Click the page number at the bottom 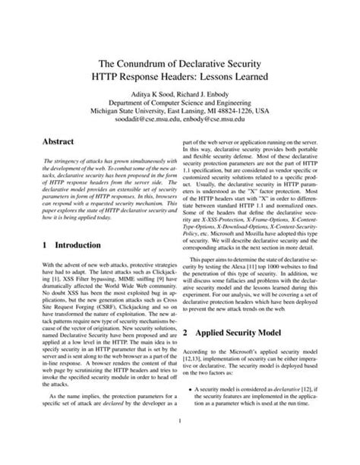(180, 442)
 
